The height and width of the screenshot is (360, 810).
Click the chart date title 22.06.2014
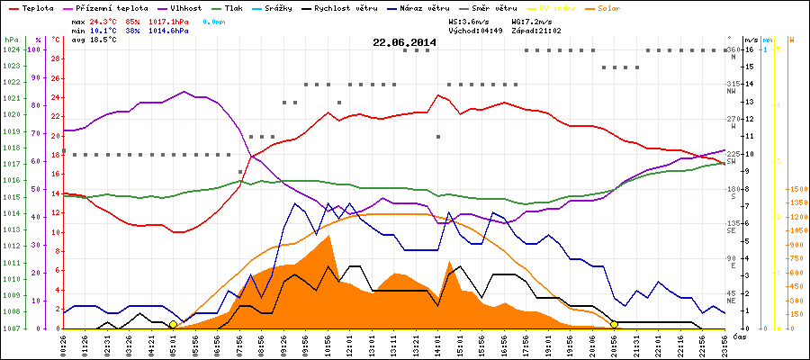pyautogui.click(x=404, y=42)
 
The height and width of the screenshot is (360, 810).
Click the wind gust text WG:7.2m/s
pyautogui.click(x=532, y=20)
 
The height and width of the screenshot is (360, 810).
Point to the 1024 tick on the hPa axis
pyautogui.click(x=11, y=49)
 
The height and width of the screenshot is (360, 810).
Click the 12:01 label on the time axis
pyautogui.click(x=349, y=344)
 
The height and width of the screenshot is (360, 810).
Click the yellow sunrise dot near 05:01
pyautogui.click(x=173, y=324)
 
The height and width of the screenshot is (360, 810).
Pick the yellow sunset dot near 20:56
pyautogui.click(x=615, y=324)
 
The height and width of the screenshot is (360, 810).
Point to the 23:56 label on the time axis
pyautogui.click(x=724, y=344)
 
